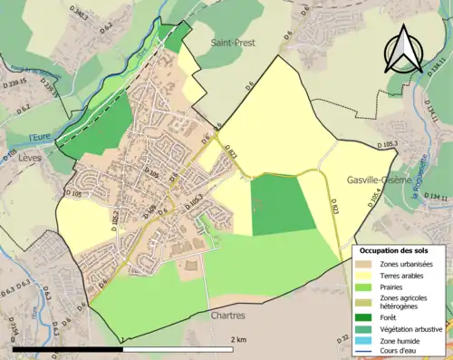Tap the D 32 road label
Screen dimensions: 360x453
point(343,338)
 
